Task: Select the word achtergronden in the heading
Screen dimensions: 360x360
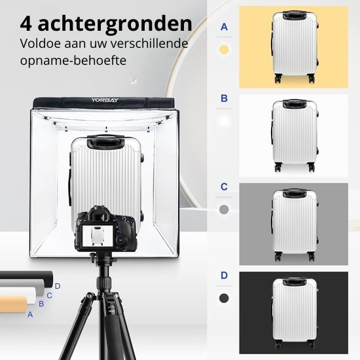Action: (x=115, y=24)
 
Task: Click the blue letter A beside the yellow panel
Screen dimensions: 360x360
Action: (x=225, y=27)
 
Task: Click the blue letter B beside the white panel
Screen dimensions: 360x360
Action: (x=225, y=99)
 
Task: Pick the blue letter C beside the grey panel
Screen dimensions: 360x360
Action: (x=225, y=187)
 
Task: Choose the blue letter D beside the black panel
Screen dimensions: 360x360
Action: (x=225, y=275)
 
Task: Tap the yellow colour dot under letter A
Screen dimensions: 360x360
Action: (x=225, y=49)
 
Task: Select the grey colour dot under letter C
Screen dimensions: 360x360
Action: (x=225, y=210)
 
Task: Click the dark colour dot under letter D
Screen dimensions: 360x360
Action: (x=225, y=298)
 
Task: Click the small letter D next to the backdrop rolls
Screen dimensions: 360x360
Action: (x=58, y=285)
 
